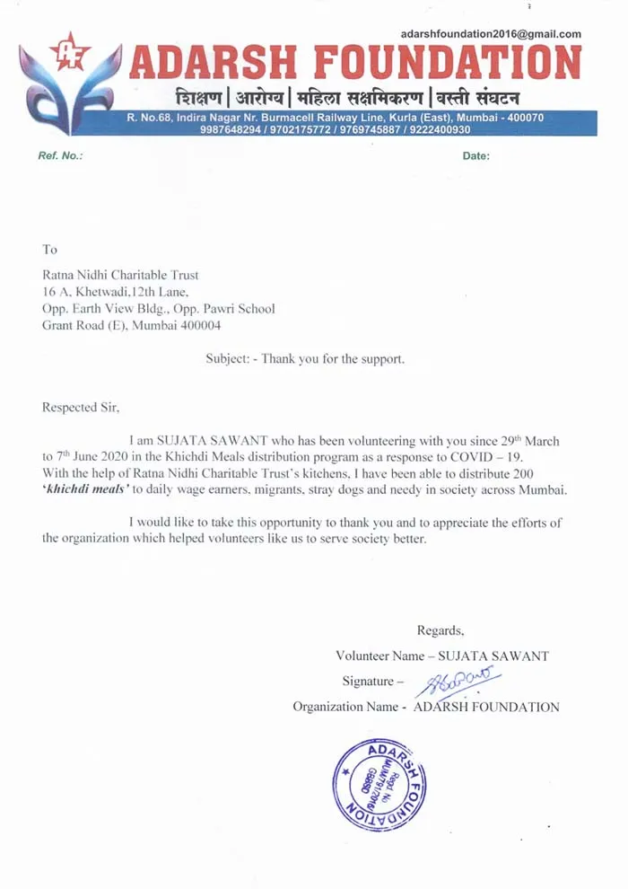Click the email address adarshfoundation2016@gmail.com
pos(491,34)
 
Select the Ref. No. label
pos(60,156)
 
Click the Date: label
pos(475,156)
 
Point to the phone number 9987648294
pos(228,129)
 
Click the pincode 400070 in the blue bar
pos(520,118)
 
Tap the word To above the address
pos(49,249)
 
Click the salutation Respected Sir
pos(81,407)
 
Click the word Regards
pos(440,629)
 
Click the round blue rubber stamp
pos(378,787)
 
